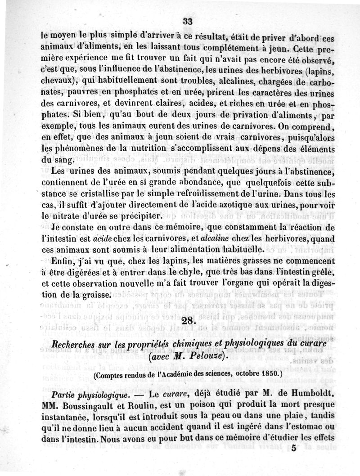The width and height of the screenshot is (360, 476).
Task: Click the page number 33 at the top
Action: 188,21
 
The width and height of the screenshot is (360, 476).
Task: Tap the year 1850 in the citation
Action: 268,373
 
